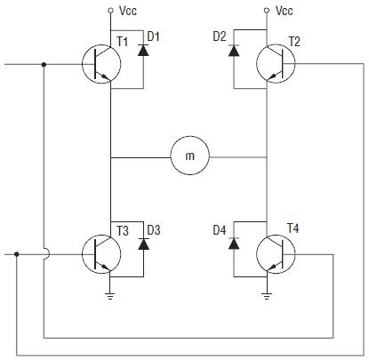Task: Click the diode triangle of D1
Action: [x=143, y=51]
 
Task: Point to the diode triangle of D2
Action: [x=234, y=51]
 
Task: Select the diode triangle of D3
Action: [x=143, y=244]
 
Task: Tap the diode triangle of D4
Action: [x=234, y=244]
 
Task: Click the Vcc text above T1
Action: [x=128, y=11]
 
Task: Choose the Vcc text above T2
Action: [x=285, y=11]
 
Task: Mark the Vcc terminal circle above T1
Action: [x=110, y=11]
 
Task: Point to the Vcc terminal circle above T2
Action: [x=267, y=11]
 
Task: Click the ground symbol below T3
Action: [x=110, y=296]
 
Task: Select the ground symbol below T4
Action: [x=267, y=296]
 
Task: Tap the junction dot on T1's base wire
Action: [x=44, y=64]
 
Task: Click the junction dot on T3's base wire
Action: [x=17, y=254]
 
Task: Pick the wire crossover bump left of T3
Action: [x=47, y=254]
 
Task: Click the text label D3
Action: [x=154, y=230]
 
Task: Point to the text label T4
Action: [x=293, y=228]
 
